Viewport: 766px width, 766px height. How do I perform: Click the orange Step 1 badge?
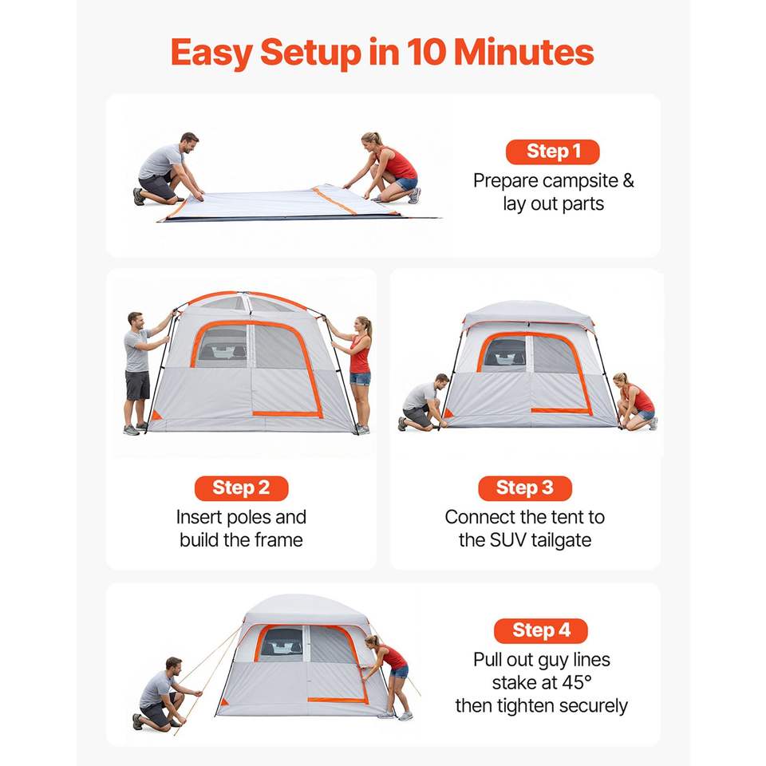tap(552, 152)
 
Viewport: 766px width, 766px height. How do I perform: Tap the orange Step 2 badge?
tap(241, 488)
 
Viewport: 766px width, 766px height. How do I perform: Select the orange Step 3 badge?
tap(525, 488)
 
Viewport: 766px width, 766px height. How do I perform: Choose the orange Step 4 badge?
tap(541, 630)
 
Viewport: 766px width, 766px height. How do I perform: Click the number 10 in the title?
tap(426, 53)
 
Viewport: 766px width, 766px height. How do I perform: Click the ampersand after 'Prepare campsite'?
tap(628, 181)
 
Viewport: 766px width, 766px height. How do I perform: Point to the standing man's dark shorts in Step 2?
tap(138, 385)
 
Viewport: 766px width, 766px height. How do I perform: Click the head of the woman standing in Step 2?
tap(364, 325)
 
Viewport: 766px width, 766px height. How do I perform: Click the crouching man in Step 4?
tap(164, 694)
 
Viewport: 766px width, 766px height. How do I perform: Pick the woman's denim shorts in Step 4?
tap(399, 672)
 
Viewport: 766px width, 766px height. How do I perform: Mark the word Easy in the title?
tap(211, 53)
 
